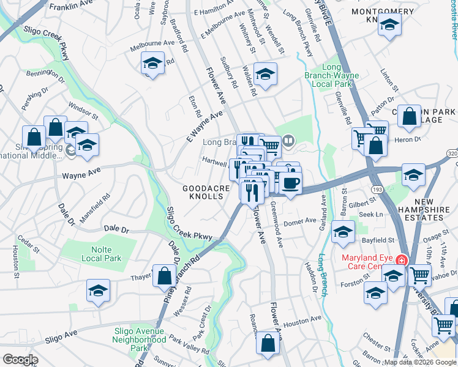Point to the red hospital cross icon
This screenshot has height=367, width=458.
tap(401, 260)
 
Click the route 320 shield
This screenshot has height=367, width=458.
tap(452, 153)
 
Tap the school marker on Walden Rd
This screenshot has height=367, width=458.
tap(265, 75)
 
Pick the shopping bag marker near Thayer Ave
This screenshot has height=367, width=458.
tap(165, 276)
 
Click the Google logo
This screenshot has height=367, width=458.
tap(20, 360)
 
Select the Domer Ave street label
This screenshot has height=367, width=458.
tap(299, 221)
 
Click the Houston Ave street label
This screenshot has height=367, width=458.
tap(302, 320)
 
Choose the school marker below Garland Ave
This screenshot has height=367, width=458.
tap(343, 233)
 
